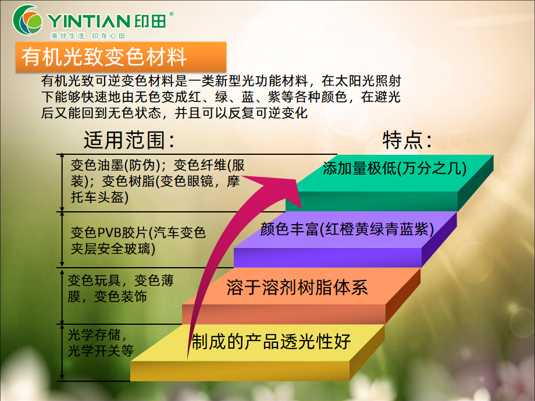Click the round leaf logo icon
27,19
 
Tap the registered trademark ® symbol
172,14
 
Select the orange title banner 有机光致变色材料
121,56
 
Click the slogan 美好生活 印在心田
88,36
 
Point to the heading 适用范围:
129,140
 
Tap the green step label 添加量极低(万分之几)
394,168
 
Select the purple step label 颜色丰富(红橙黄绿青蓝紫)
347,229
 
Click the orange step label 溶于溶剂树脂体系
297,287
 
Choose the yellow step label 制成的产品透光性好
270,341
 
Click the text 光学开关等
101,350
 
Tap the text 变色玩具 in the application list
94,281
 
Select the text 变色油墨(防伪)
115,165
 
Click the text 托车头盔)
99,197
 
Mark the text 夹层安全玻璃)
113,249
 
